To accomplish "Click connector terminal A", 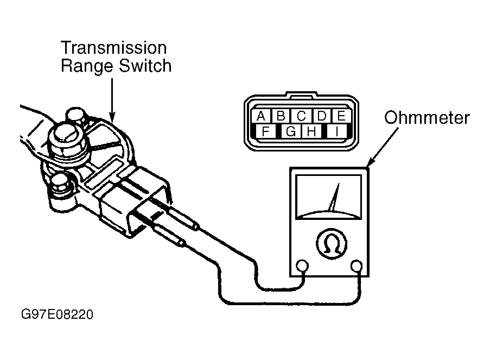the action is (261, 116).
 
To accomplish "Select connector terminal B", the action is (281, 116).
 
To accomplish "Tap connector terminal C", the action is (301, 116).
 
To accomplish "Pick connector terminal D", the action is (321, 116).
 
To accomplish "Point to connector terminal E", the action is (341, 116).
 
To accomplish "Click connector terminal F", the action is (265, 131).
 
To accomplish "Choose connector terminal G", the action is (291, 131).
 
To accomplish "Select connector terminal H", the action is (311, 131).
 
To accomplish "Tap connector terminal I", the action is (336, 131).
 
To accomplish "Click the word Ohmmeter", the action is (427, 118).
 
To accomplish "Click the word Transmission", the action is (114, 48).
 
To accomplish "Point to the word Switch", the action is (145, 66).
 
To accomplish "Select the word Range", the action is (87, 67).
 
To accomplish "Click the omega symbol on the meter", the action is (332, 243).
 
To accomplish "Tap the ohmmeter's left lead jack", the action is (302, 266).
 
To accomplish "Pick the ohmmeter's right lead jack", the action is (357, 266).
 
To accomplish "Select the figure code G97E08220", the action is (57, 314).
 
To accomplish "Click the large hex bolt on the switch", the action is (67, 140).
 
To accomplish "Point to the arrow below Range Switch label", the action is (112, 100).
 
